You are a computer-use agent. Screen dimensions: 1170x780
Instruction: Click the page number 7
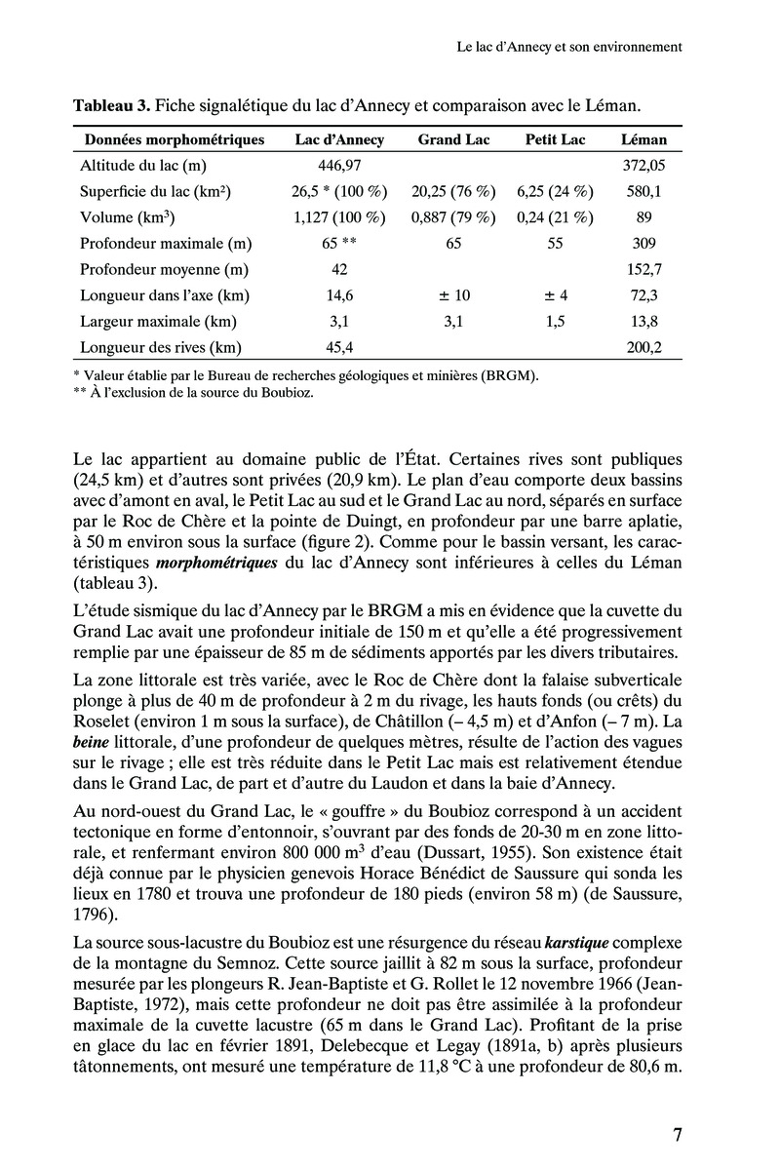(677, 1134)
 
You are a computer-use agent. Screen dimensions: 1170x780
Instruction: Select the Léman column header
(643, 139)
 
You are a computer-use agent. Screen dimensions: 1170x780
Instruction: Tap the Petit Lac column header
(555, 139)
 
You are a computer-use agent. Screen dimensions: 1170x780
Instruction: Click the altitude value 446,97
(340, 166)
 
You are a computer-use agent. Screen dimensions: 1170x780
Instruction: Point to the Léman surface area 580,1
(643, 192)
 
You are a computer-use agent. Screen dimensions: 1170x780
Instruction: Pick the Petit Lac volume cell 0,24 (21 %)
(555, 217)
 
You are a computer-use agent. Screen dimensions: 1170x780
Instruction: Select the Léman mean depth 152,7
(643, 269)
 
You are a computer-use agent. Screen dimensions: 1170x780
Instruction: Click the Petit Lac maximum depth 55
(555, 244)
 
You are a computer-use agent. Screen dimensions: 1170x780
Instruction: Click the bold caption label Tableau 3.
(111, 104)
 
